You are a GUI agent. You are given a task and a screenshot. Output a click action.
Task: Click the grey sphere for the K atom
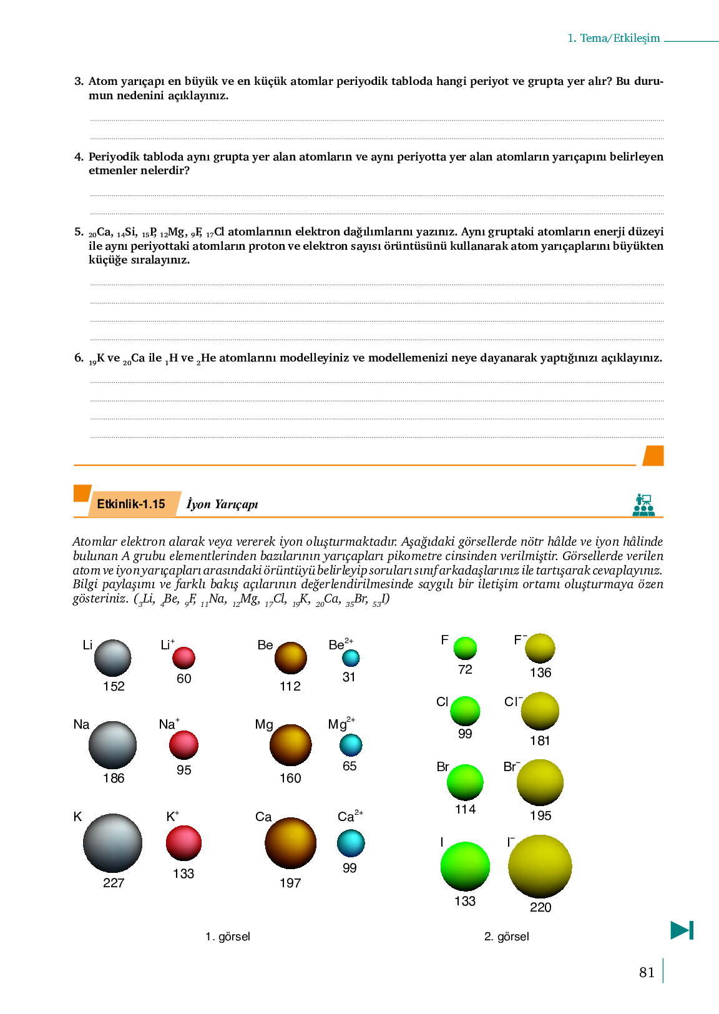[112, 843]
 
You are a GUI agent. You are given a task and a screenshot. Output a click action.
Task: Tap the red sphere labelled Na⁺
[183, 745]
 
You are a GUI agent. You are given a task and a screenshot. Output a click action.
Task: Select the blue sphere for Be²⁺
[351, 657]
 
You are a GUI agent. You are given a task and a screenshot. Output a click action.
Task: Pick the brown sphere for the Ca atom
[290, 843]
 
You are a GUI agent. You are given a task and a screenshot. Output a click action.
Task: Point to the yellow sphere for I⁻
[540, 866]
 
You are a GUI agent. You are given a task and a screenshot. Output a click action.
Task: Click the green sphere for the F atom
[465, 648]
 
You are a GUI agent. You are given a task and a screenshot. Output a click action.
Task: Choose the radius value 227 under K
[114, 883]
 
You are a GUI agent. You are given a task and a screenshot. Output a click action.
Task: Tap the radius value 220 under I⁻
[540, 907]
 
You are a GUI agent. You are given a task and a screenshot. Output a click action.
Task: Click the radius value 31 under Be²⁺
[349, 677]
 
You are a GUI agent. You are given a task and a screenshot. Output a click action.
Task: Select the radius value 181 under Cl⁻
[540, 741]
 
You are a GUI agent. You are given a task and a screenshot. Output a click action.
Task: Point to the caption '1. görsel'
[228, 937]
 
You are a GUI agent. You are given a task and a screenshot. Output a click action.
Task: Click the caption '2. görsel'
[506, 937]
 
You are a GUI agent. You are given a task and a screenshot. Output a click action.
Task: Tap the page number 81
[647, 972]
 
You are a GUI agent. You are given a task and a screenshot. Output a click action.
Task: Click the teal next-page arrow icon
[682, 930]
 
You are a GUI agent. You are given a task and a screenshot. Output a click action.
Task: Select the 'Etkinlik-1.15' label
[131, 504]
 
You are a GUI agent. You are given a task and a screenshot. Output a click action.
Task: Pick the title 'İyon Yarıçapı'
[222, 505]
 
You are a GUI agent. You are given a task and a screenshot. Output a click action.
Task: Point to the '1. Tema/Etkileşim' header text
[614, 38]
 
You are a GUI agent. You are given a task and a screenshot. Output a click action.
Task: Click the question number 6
[79, 358]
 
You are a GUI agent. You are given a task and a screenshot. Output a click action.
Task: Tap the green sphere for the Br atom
[465, 782]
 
